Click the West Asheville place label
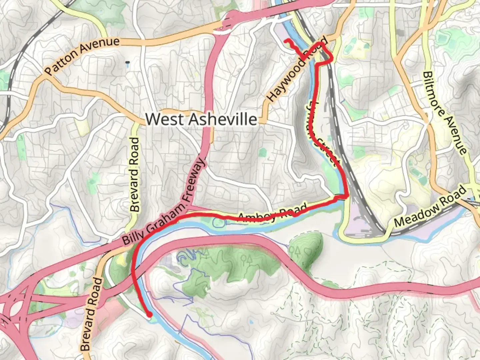point(201,119)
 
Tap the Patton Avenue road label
point(82,56)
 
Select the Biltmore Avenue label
point(444,113)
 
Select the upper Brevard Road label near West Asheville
point(135,174)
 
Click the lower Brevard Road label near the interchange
point(91,314)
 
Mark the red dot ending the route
point(150,314)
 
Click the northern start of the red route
point(286,41)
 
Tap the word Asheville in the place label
point(223,119)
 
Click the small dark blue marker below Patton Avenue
point(127,62)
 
